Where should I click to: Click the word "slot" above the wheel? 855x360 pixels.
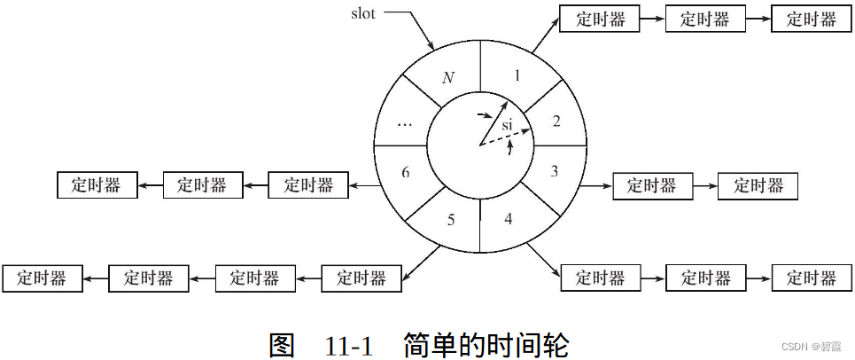[369, 13]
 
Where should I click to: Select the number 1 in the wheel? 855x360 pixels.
[518, 76]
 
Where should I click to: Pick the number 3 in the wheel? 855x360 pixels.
[555, 171]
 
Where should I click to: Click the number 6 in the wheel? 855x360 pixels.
[405, 172]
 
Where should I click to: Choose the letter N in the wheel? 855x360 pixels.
[448, 77]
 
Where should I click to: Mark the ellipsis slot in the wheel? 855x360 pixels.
[404, 124]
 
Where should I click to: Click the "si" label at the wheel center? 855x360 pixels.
[507, 125]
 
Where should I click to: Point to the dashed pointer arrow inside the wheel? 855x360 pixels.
[507, 137]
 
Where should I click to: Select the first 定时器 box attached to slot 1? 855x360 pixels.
[600, 19]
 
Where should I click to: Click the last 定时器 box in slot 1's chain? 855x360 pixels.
[811, 19]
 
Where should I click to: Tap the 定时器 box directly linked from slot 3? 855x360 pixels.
[651, 185]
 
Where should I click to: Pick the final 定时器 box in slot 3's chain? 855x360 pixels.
[758, 185]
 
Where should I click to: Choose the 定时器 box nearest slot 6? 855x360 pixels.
[307, 184]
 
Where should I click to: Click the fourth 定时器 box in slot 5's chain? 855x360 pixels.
[42, 278]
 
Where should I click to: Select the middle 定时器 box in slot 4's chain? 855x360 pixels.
[704, 278]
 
